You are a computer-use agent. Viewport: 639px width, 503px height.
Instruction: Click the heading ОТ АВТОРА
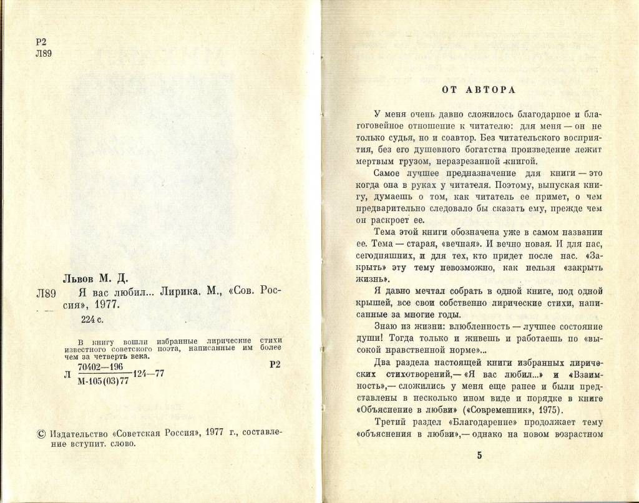point(478,90)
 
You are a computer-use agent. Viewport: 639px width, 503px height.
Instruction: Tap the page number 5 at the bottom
point(479,455)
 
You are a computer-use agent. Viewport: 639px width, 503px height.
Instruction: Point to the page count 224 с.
point(94,319)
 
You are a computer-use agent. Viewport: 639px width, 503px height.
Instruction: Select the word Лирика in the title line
point(183,293)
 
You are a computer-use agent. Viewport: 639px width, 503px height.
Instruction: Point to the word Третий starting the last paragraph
point(392,422)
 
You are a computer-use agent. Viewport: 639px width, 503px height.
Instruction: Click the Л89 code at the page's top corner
point(44,53)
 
